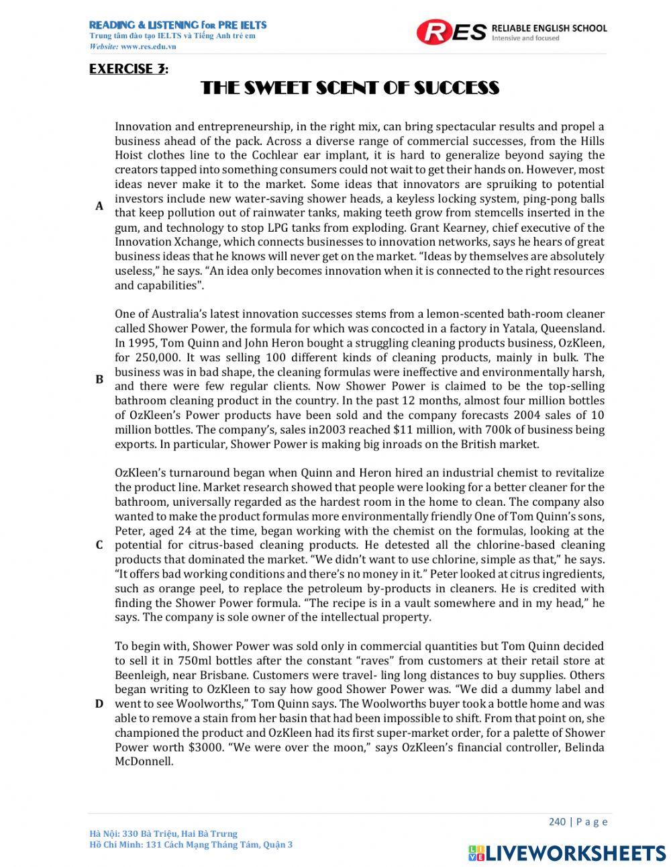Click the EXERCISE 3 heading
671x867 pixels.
tap(128, 69)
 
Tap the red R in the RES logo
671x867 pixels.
tap(433, 32)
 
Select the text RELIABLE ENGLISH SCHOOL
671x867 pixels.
tap(549, 28)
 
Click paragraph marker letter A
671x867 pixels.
tap(99, 206)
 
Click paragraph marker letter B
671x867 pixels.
tap(99, 379)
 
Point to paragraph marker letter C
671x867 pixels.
tap(99, 545)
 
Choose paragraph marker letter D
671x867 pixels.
tap(99, 704)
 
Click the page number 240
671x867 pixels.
tap(557, 822)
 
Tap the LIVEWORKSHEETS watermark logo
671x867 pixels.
tap(567, 852)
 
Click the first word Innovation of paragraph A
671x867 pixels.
tap(142, 127)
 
